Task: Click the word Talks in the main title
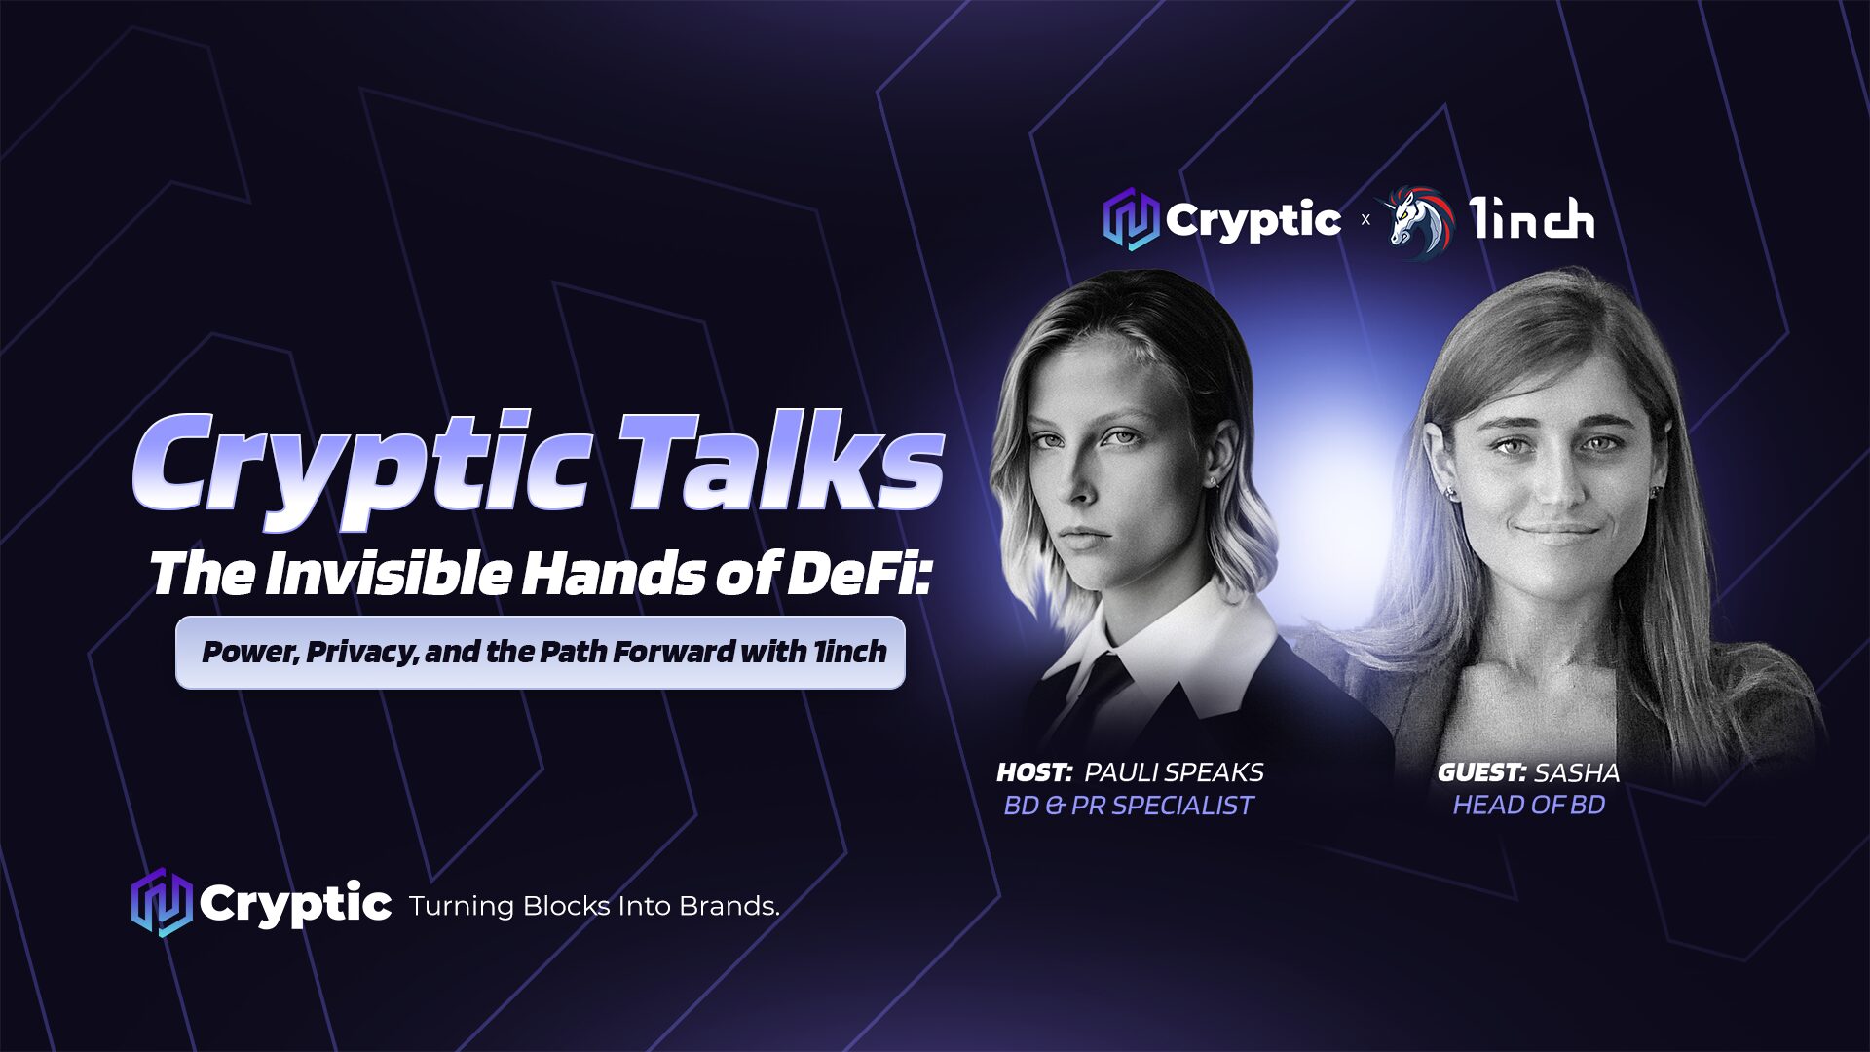pos(780,462)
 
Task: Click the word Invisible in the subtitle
pos(387,574)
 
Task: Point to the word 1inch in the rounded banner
pos(850,651)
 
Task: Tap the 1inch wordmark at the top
pos(1532,219)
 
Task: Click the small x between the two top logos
pos(1365,220)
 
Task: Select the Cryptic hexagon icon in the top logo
pos(1131,220)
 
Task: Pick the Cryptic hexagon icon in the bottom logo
pos(161,903)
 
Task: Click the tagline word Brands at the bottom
pos(729,906)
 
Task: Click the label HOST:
pos(1034,772)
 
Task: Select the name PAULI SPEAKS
pos(1174,772)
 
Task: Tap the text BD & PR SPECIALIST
pos(1129,806)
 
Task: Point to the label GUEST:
pos(1481,772)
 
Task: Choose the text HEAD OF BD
pos(1529,805)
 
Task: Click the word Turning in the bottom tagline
pos(461,907)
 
